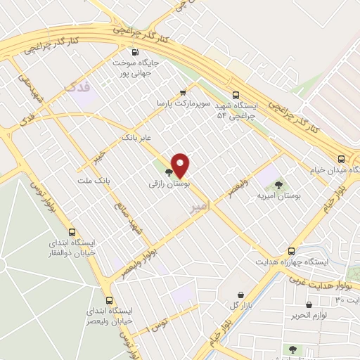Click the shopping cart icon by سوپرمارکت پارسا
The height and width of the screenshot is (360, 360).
(x=184, y=92)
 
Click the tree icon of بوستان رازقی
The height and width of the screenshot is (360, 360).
(x=169, y=171)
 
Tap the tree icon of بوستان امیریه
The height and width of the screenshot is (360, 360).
(x=279, y=185)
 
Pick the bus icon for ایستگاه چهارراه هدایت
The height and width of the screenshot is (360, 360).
(x=291, y=251)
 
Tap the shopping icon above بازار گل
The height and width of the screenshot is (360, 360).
(x=243, y=294)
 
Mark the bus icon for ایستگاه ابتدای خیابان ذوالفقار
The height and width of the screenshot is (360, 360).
(x=72, y=232)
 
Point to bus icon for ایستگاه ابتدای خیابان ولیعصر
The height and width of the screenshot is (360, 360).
(x=108, y=298)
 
